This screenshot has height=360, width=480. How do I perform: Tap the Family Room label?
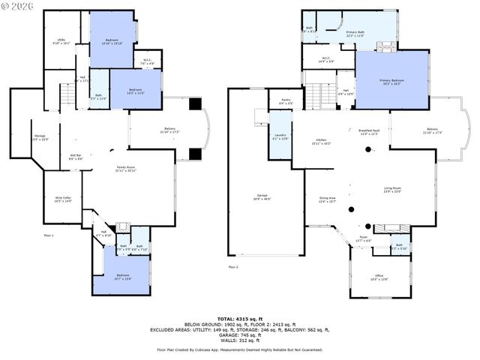click(125, 168)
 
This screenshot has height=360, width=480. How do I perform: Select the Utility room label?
click(61, 43)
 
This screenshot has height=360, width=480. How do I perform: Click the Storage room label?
click(40, 138)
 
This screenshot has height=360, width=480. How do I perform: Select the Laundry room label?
click(279, 136)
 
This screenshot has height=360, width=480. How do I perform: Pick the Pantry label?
click(286, 101)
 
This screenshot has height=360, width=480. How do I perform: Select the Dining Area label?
click(327, 199)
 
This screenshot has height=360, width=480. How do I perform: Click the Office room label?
click(379, 277)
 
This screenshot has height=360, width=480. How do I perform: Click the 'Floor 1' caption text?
click(49, 235)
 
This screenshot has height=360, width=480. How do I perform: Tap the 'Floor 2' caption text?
click(233, 267)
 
